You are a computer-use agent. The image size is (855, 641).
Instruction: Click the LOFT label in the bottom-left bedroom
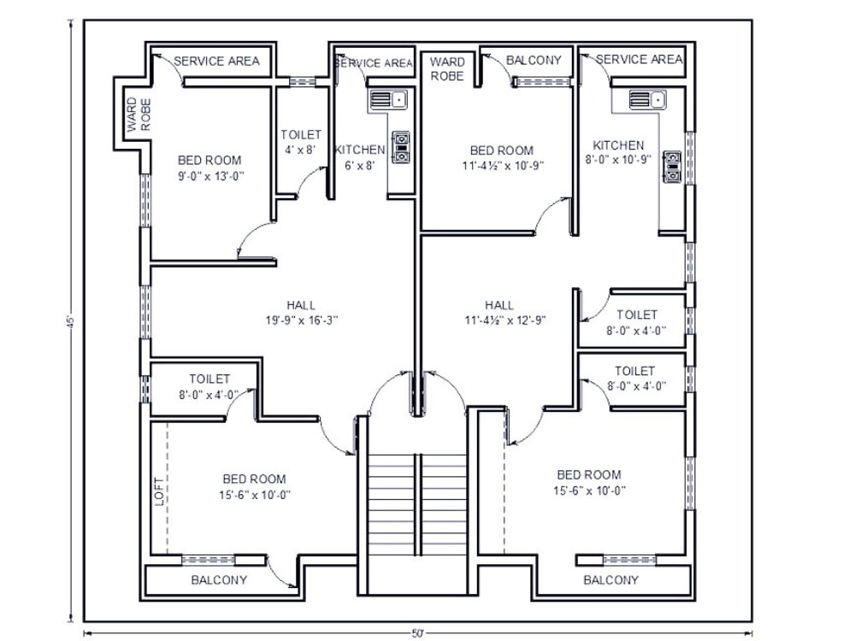coord(158,492)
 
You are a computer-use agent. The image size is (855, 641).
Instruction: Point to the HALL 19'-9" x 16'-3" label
coord(301,313)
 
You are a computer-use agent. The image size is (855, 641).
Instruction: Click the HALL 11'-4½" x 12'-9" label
coord(499,313)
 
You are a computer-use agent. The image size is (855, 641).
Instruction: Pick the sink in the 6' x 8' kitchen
coord(388,101)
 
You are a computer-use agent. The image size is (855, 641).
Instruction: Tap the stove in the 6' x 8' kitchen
coord(400,147)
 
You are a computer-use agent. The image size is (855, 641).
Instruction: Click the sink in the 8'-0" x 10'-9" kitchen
coord(647,100)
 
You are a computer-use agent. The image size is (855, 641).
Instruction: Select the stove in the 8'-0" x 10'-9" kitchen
coord(673,167)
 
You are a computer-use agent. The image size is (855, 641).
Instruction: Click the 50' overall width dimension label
coord(418,633)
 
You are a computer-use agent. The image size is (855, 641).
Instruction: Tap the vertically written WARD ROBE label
coord(139,115)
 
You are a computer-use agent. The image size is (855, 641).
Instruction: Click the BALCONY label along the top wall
coord(534,60)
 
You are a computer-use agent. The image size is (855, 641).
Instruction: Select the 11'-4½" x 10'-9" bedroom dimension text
coord(501,166)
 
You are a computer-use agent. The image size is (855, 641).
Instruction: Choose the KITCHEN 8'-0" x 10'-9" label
coord(619,152)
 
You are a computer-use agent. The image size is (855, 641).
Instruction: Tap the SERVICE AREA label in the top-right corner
coord(639,59)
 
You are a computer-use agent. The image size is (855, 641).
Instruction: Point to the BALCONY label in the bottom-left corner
coord(219,579)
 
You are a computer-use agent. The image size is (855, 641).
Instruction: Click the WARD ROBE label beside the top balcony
coord(447,68)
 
